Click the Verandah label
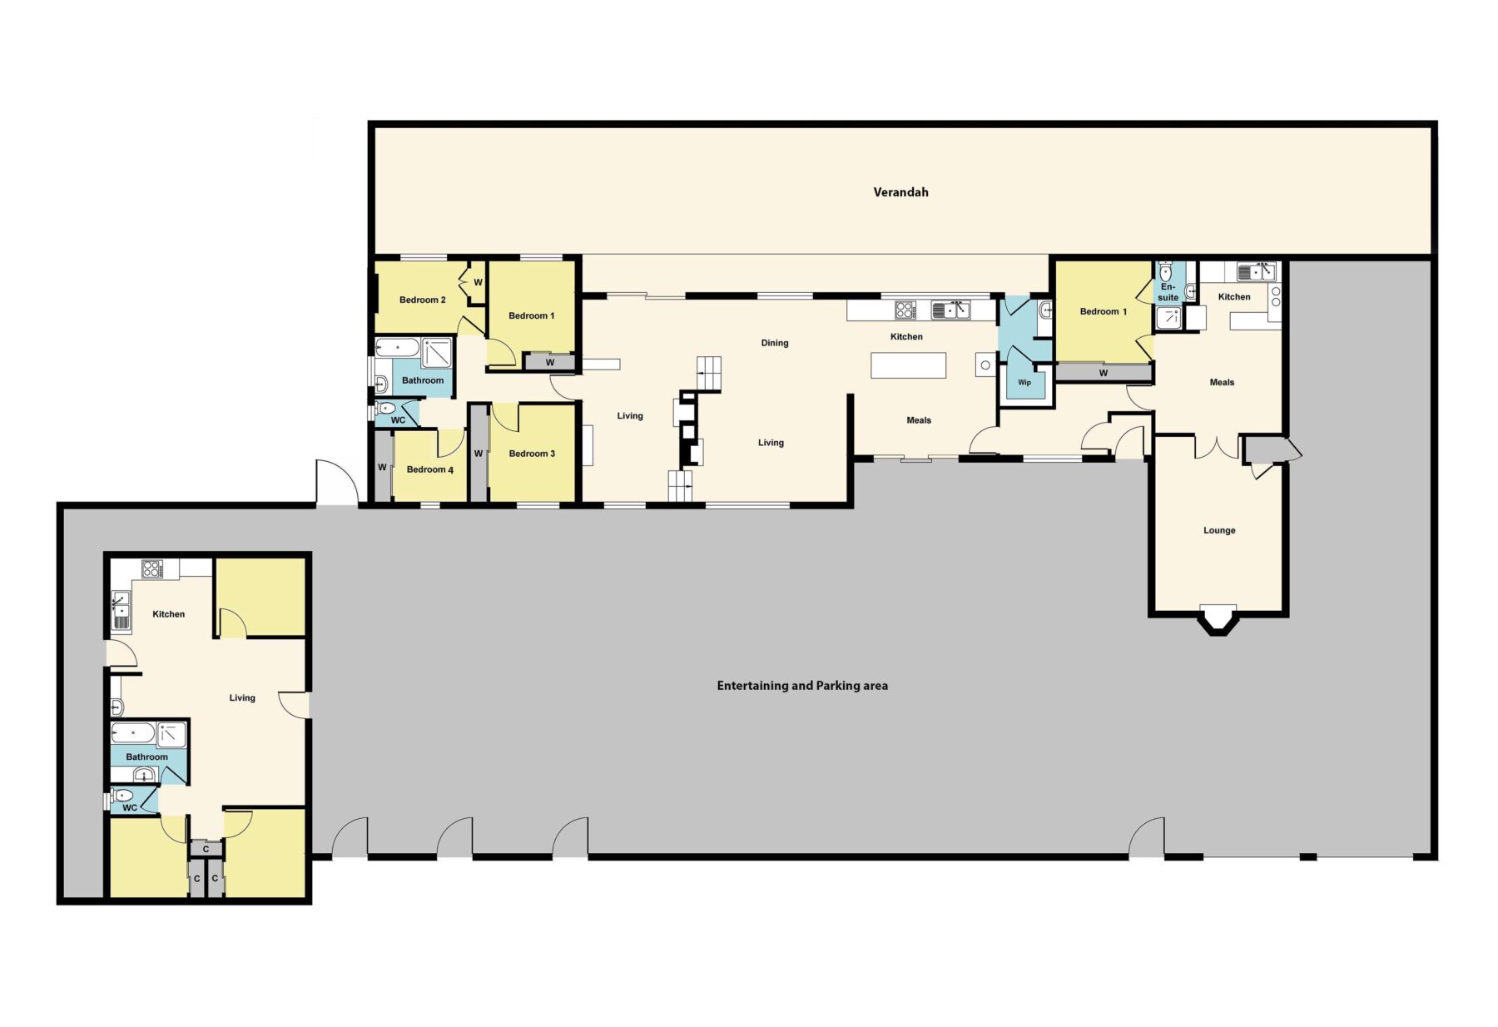pos(900,192)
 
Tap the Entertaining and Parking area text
pos(801,686)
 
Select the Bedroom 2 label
pos(422,300)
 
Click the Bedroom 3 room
pos(532,454)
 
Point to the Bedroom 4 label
pos(429,469)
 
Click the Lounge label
pos(1218,530)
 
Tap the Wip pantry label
pos(1024,383)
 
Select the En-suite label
pos(1168,292)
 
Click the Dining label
pos(774,343)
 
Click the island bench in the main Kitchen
pos(908,365)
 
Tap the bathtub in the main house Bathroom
pos(397,347)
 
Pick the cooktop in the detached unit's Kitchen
pos(152,569)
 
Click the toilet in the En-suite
pos(1165,271)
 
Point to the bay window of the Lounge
pos(1218,620)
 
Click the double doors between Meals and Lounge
pos(1217,448)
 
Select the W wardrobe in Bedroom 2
pos(478,282)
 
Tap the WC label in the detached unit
pos(130,807)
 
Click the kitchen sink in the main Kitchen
pos(950,310)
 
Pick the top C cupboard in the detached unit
pos(206,849)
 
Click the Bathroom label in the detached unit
pos(146,757)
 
